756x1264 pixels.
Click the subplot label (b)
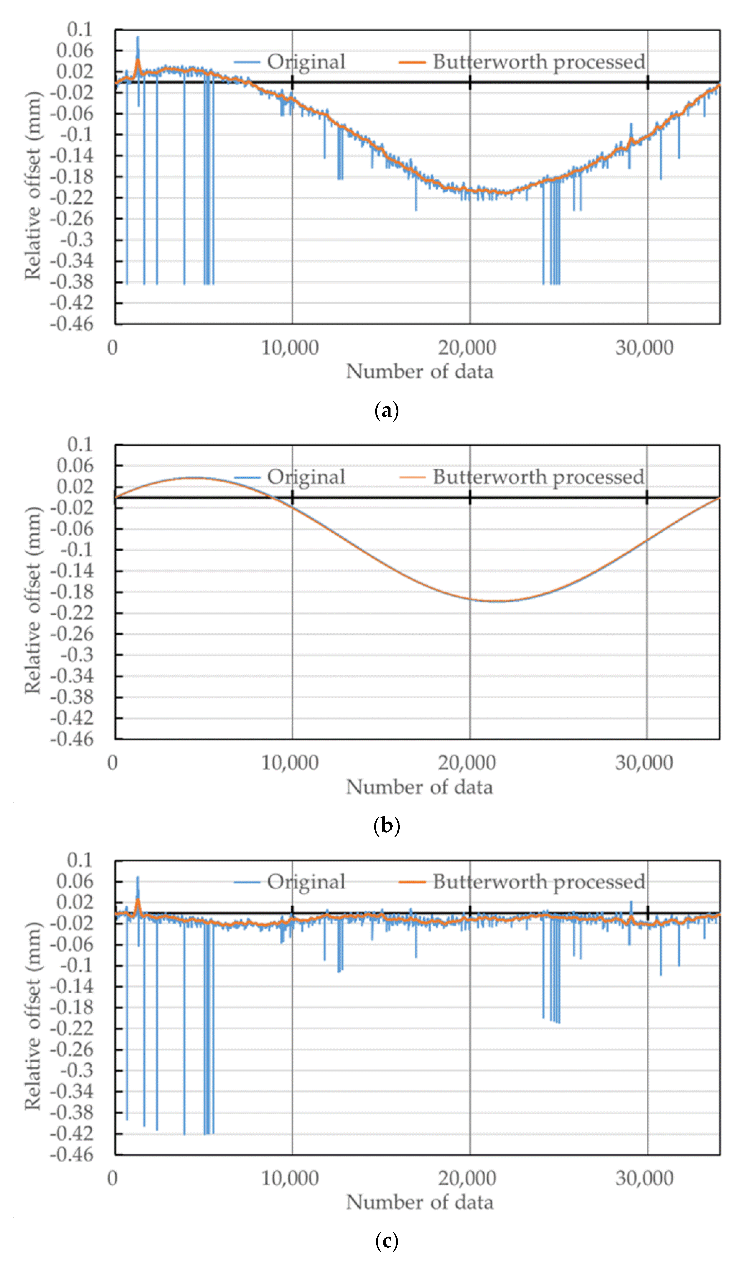click(x=386, y=825)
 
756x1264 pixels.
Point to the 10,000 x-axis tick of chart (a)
click(x=290, y=348)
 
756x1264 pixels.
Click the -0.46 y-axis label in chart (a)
click(x=72, y=324)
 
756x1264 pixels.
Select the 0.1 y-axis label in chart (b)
click(x=81, y=445)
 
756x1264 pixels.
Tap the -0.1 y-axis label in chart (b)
click(x=76, y=550)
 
